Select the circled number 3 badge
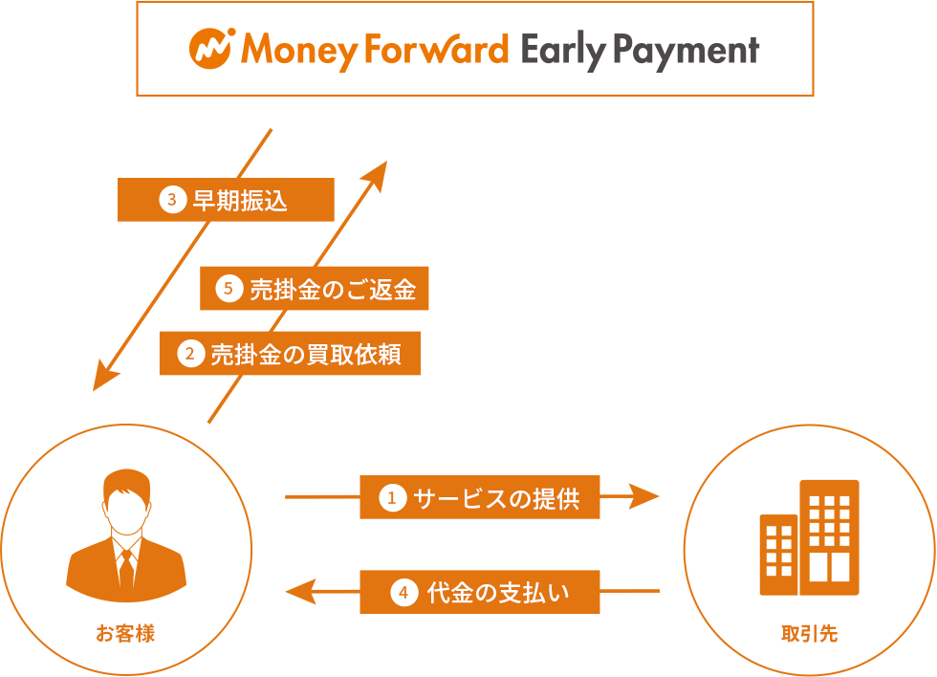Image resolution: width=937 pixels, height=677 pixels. tap(172, 200)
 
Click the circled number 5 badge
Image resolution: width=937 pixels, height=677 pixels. tap(229, 289)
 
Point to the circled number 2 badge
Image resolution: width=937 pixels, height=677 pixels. tap(190, 354)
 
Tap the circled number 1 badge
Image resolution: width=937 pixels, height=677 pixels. tap(392, 497)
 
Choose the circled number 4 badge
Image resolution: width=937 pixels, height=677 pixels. tap(403, 592)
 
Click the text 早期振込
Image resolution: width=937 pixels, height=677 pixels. tap(240, 200)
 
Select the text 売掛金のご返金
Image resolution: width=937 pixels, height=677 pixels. tap(333, 289)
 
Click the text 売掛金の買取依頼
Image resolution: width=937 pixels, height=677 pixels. tap(306, 355)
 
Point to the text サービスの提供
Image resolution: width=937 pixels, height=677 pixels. tap(496, 498)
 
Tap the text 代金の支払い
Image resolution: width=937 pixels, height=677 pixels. tap(498, 592)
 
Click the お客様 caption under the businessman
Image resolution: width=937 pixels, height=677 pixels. tap(125, 633)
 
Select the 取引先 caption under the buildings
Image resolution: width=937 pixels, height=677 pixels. tap(809, 633)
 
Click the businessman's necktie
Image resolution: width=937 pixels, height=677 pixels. tap(126, 568)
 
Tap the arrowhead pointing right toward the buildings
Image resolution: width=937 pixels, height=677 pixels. tap(643, 496)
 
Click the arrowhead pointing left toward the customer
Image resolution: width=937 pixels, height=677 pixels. tap(300, 592)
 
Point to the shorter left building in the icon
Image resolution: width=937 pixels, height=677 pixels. tap(778, 555)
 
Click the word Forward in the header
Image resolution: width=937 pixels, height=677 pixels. tap(436, 49)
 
